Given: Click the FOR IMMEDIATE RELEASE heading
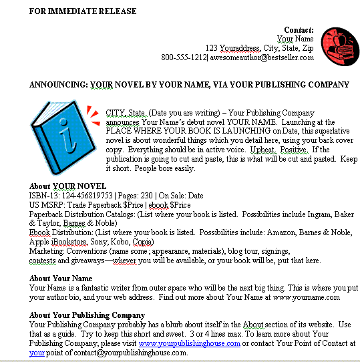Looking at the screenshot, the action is coord(83,11).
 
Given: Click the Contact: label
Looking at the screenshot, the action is coord(299,30).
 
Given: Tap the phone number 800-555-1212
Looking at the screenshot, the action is coord(184,57).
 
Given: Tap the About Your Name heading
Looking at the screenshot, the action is coord(61,279).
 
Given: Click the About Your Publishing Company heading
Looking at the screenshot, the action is coord(87,315).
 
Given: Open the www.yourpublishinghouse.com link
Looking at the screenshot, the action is coord(189,343).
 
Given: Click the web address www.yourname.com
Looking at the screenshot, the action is coord(307,297).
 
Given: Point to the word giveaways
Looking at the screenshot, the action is coord(79,260).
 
